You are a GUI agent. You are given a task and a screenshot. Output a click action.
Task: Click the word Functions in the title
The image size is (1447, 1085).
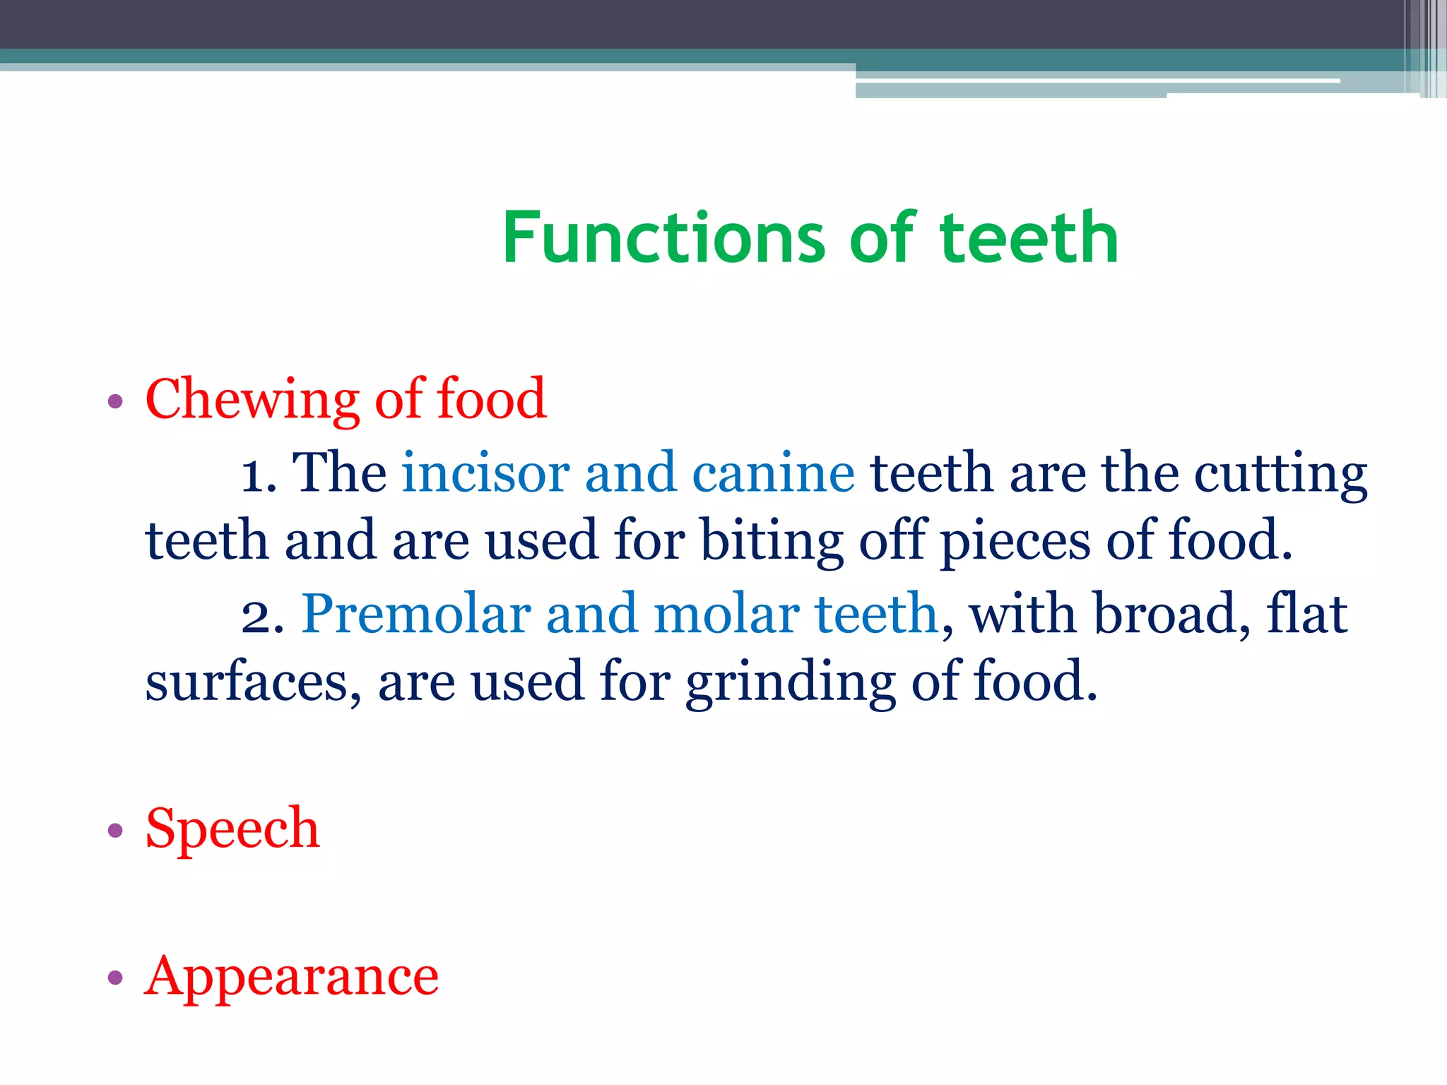tap(663, 238)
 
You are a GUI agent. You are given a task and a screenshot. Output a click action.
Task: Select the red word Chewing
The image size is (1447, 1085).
tap(252, 401)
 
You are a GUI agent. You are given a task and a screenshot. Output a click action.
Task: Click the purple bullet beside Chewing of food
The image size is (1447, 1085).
tap(115, 403)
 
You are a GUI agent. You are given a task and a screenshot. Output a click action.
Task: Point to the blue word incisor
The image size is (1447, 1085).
tap(485, 473)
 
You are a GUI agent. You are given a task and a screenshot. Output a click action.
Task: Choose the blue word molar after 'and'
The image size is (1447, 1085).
tap(726, 613)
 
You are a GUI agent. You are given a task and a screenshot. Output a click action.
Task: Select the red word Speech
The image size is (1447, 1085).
tap(232, 828)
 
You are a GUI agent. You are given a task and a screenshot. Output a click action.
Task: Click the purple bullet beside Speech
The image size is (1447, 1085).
tap(115, 830)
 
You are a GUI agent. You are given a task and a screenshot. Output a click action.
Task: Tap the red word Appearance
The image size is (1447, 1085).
tap(291, 978)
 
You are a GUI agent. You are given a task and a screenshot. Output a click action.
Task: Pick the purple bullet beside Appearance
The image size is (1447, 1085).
tap(115, 978)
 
